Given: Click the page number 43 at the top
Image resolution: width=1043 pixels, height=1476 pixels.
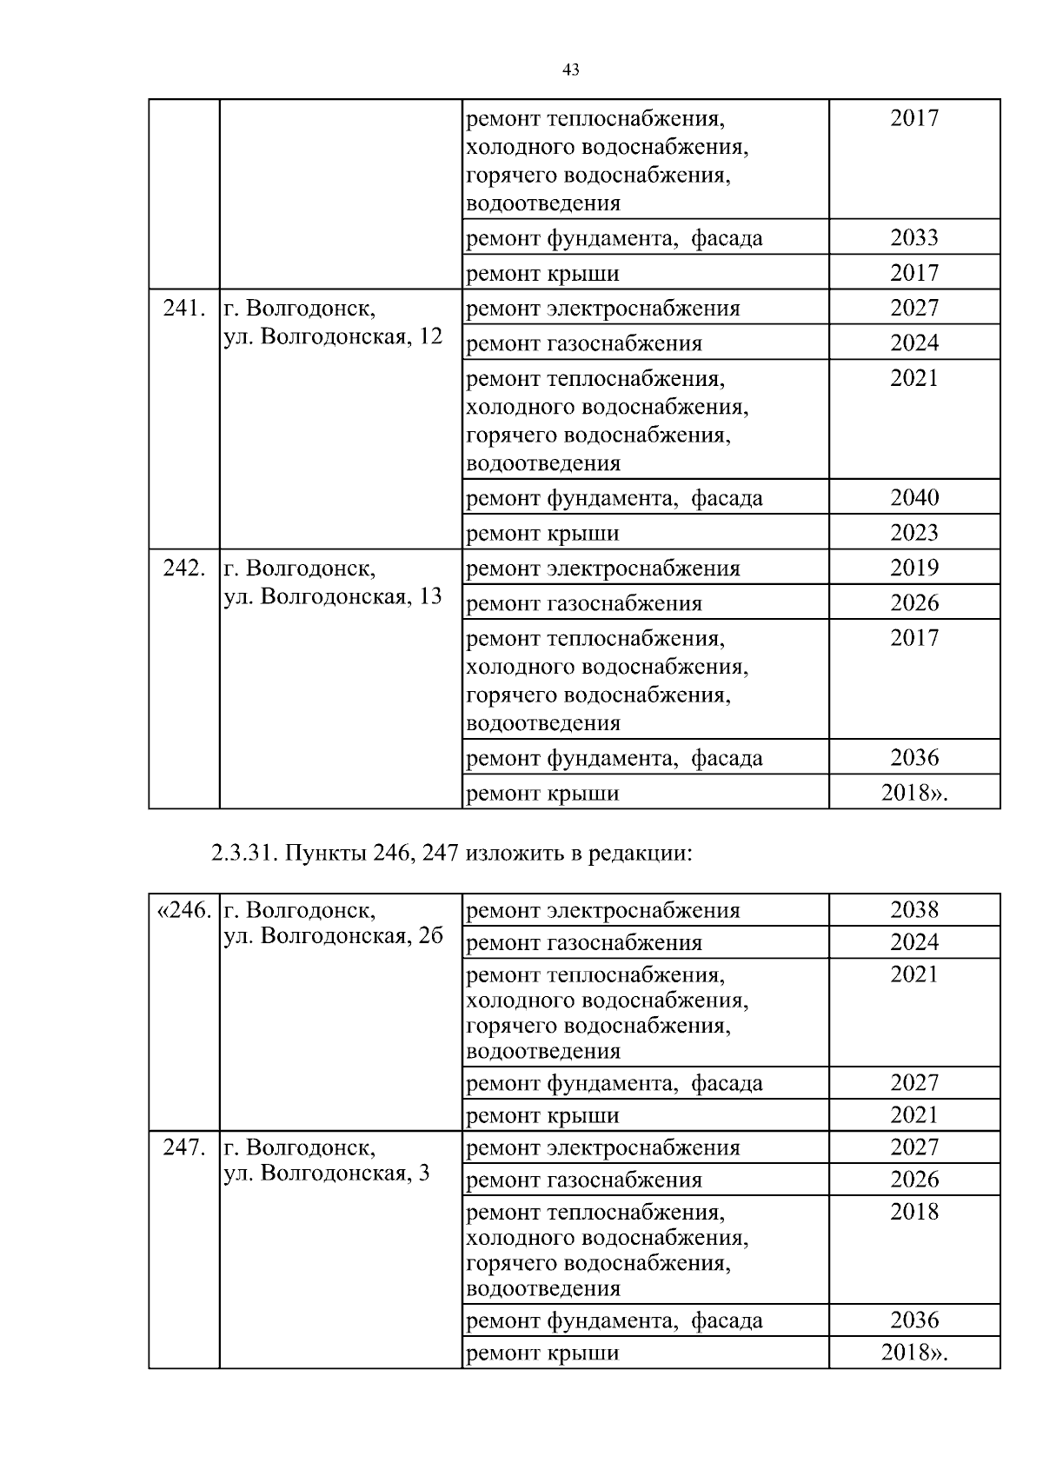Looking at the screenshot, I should pos(571,70).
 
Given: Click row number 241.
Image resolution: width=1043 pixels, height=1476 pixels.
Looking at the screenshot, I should pos(184,308).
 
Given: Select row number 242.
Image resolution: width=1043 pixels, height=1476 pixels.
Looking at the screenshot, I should pos(184,568).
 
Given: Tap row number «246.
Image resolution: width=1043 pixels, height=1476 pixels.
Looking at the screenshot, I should pos(183,910).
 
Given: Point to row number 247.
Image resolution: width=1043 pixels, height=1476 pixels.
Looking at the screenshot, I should pos(184,1147).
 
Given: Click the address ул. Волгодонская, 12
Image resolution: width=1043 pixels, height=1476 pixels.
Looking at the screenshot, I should pos(333,336).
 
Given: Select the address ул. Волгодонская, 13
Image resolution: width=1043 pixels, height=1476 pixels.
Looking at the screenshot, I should pos(333,596).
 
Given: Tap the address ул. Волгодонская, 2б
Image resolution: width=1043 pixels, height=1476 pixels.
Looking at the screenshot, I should pos(333,936).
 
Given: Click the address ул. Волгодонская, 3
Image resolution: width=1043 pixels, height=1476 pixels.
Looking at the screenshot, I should pos(327,1173).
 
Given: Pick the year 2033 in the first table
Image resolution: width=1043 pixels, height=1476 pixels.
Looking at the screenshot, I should pos(914,237).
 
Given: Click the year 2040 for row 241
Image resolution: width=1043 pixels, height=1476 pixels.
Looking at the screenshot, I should pos(914,497).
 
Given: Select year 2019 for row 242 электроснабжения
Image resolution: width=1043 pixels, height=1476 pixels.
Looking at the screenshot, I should pos(914,568).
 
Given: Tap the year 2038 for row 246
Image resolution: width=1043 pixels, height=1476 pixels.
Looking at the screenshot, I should pos(914,910).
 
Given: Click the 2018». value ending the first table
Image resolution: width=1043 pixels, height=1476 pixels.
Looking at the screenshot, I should pos(914,793).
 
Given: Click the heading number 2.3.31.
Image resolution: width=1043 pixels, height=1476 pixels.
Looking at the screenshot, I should pos(243,853).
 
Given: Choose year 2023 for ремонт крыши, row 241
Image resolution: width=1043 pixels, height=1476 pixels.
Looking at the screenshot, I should pos(914,532).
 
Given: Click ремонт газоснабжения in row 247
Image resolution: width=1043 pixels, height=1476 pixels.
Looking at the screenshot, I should pos(584,1180).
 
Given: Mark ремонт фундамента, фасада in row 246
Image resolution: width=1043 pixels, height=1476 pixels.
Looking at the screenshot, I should pos(615,1083).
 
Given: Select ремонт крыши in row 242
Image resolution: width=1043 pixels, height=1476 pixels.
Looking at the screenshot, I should pos(543,793).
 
